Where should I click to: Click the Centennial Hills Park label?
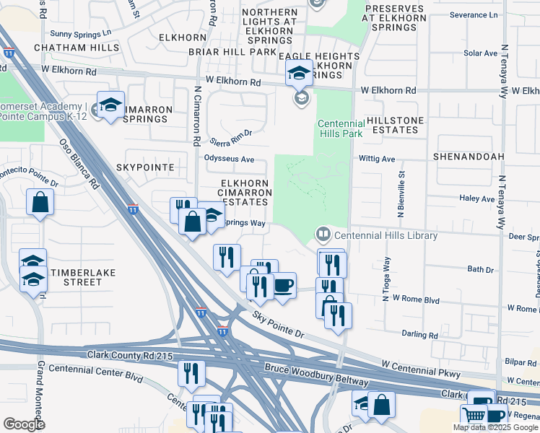341,129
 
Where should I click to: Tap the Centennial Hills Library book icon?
323,234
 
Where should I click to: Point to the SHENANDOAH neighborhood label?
468,156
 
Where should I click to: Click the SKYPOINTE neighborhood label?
145,167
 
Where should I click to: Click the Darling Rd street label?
423,335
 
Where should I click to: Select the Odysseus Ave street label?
230,159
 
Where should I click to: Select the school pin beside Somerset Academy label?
111,105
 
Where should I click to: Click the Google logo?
24,424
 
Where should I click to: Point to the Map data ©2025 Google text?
495,427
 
